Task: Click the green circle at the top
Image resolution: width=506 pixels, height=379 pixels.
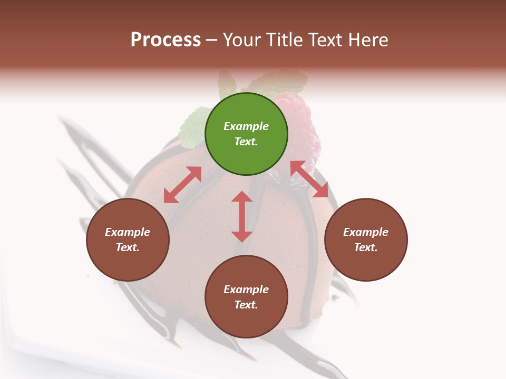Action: coord(246,134)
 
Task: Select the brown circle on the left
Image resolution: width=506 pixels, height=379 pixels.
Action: coord(128,240)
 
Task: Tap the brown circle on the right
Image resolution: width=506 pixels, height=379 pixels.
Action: coord(366,240)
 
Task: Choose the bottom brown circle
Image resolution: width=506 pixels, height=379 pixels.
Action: coord(246,297)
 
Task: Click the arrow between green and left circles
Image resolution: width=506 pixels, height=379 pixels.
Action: coord(182,185)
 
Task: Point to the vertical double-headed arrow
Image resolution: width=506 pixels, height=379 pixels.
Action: coord(242,216)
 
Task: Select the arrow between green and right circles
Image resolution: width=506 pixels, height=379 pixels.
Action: coord(309,179)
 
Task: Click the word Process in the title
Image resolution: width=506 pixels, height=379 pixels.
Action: coord(166,39)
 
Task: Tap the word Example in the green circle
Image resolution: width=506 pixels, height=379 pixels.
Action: coord(246,126)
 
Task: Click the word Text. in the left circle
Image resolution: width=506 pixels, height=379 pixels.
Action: coord(128,247)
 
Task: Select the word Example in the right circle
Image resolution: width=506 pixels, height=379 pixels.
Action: coord(366,232)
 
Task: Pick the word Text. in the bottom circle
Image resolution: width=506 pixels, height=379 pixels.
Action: coord(246,305)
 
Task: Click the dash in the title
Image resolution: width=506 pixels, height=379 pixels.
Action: coord(212,41)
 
